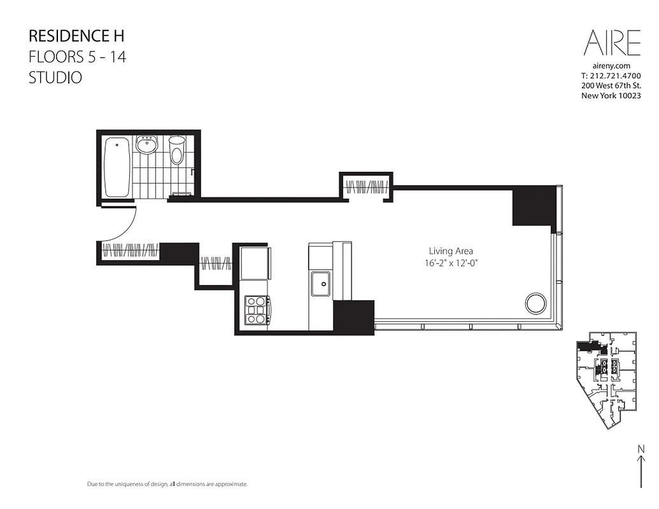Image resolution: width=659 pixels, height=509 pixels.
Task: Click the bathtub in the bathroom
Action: pyautogui.click(x=117, y=167)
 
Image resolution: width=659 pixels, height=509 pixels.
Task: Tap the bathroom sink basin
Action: pyautogui.click(x=148, y=146)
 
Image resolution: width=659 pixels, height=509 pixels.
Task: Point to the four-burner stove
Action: pyautogui.click(x=257, y=311)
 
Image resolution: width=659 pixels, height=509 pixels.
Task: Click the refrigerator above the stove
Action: pyautogui.click(x=255, y=263)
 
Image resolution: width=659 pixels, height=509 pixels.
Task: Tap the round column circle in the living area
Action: pyautogui.click(x=535, y=303)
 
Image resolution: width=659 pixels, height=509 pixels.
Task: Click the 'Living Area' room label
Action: pyautogui.click(x=451, y=251)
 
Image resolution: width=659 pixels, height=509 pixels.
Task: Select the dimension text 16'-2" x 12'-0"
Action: pyautogui.click(x=451, y=262)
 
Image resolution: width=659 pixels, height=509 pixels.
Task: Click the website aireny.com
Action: pyautogui.click(x=611, y=66)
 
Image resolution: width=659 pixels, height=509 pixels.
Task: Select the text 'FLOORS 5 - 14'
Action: pyautogui.click(x=77, y=57)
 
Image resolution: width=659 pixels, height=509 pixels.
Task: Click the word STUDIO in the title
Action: pyautogui.click(x=55, y=78)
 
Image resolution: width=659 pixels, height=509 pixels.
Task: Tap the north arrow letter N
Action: pyautogui.click(x=641, y=449)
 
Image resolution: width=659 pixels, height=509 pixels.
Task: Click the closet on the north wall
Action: pyautogui.click(x=366, y=186)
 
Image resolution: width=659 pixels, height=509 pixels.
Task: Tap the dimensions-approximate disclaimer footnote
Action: pyautogui.click(x=167, y=484)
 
